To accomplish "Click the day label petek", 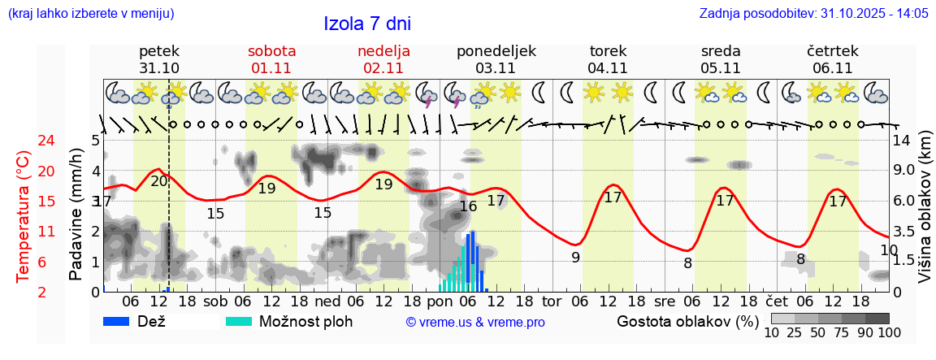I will [159, 51].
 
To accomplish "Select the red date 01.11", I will [271, 68].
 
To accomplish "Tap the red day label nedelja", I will [383, 51].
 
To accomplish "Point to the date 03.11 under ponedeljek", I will [496, 68].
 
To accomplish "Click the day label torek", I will [608, 51].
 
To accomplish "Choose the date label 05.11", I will [720, 68].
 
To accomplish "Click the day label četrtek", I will [833, 51].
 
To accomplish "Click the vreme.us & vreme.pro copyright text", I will [475, 323].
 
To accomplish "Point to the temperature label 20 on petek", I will [159, 181].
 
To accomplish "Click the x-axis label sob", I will [215, 301].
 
